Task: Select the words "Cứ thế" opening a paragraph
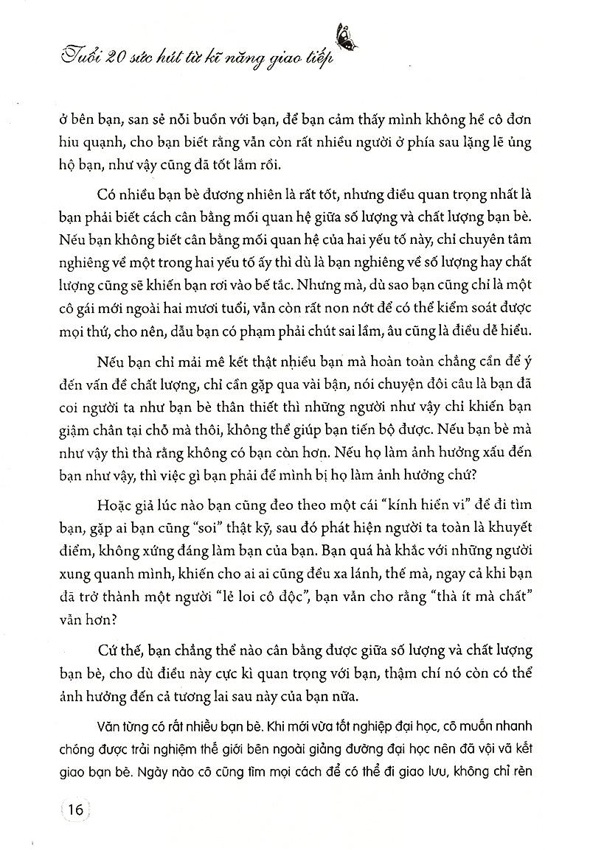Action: tap(117, 647)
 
